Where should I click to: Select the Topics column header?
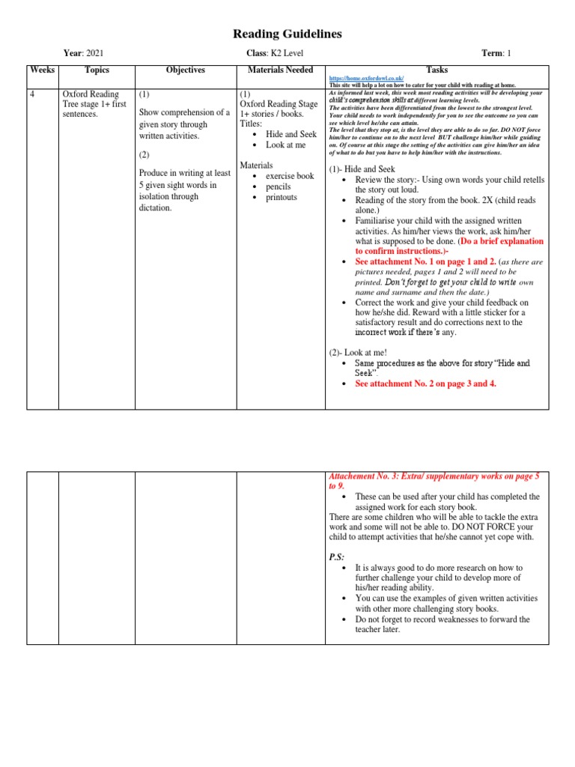[x=97, y=70]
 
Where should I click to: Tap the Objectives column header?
[x=185, y=70]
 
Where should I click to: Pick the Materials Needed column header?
[x=280, y=70]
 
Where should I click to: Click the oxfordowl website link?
[x=367, y=78]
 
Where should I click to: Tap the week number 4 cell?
[x=33, y=94]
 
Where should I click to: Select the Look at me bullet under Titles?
[x=285, y=145]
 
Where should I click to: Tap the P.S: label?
[x=337, y=556]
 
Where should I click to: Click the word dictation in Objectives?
[x=156, y=207]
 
